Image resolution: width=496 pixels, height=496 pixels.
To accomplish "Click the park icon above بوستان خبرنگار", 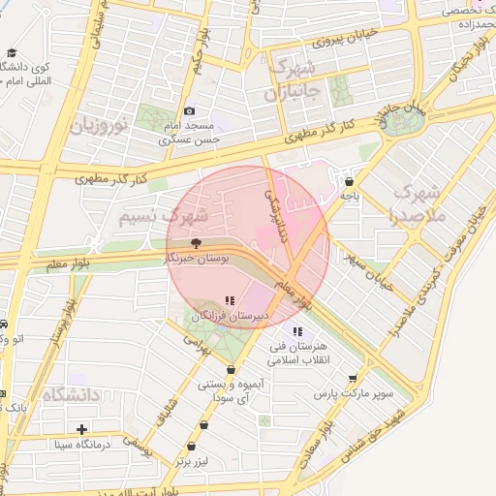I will point(197,243).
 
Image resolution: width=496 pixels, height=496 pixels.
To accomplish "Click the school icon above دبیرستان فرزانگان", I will point(230,300).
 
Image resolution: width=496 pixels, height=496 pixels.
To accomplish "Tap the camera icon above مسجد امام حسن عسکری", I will point(189,112).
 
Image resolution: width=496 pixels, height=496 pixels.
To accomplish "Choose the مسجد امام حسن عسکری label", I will point(191,134).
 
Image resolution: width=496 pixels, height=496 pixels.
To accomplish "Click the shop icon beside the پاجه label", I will point(349,181).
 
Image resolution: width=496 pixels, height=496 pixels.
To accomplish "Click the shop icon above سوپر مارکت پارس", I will point(353,379).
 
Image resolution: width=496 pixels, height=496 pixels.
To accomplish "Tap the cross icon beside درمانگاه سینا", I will point(81,429).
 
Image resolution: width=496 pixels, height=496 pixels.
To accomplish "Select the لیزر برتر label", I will point(193,461).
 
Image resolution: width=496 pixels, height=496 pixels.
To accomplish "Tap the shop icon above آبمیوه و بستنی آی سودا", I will point(231,369).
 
